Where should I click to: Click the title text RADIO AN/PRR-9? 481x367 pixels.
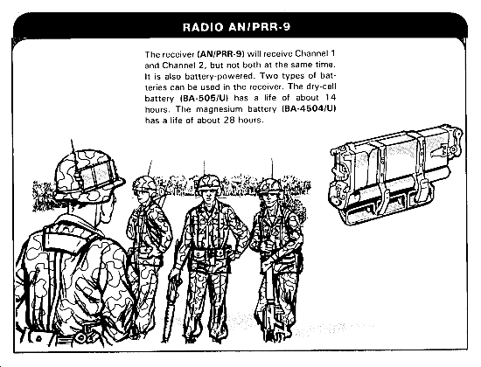[x=236, y=27]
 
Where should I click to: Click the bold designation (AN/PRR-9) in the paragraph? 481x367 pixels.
[x=221, y=54]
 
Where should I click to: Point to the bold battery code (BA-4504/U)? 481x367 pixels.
[x=310, y=109]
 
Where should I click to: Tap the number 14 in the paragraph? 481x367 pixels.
[x=331, y=98]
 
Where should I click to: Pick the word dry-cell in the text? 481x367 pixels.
[x=321, y=87]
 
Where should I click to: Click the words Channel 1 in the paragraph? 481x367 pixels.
[x=315, y=53]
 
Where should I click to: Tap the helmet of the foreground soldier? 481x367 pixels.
[x=89, y=175]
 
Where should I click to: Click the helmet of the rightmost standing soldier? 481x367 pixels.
[x=270, y=186]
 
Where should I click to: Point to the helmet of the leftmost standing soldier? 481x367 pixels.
[x=144, y=184]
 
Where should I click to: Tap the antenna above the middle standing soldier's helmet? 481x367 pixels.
[x=205, y=168]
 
